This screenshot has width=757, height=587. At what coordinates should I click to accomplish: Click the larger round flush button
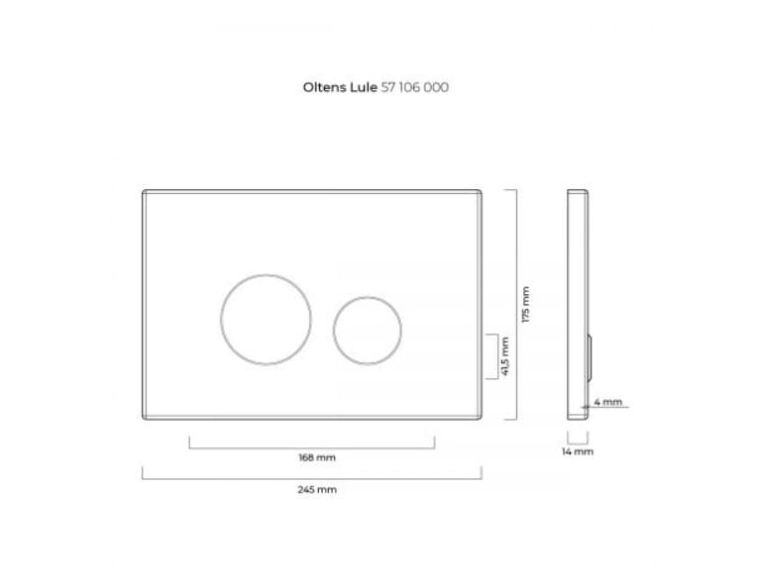point(221,320)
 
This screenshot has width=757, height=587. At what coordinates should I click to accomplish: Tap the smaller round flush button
point(334,331)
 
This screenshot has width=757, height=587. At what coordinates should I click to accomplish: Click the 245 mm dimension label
point(317,490)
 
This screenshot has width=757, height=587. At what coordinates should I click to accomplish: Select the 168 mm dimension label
point(317,457)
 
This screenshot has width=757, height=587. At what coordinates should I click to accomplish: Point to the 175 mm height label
point(526,304)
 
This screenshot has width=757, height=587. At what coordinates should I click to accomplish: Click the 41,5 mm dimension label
point(505,356)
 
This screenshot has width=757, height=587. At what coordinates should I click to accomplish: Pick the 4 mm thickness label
point(607,401)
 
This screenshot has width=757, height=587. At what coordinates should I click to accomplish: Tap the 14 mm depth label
point(578,451)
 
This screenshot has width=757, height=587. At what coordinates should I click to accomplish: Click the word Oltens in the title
point(324,87)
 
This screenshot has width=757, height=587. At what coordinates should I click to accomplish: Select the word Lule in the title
point(364,87)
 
